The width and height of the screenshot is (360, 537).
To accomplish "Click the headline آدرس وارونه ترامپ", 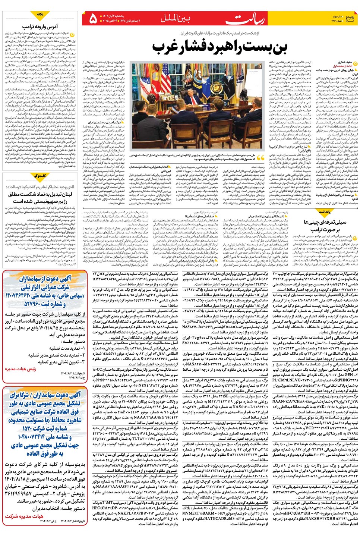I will [40, 26].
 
